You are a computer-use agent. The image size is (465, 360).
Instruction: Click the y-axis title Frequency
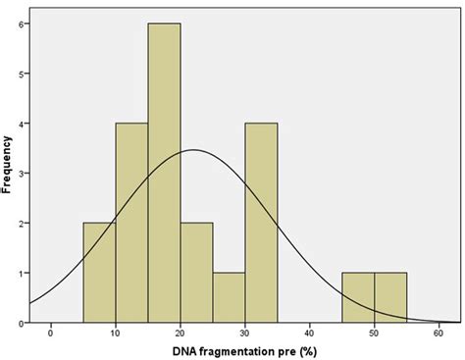8,163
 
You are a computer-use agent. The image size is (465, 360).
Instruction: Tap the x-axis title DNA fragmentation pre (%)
245,350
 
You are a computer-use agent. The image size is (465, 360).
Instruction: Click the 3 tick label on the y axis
21,173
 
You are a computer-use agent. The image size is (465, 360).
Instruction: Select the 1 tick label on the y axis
21,273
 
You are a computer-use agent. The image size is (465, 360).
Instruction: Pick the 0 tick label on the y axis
21,322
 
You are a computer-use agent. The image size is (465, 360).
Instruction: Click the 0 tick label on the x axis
51,333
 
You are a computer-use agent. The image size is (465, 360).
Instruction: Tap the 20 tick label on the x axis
181,333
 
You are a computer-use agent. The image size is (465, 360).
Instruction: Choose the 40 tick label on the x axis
310,333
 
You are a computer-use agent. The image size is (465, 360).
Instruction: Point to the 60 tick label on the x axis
439,333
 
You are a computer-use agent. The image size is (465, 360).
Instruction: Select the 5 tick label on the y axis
21,74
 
